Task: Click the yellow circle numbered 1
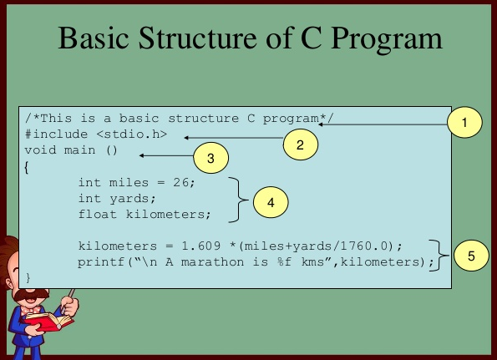tap(464, 122)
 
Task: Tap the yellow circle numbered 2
tap(300, 145)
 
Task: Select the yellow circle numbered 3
tap(210, 158)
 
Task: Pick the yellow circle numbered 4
tap(271, 202)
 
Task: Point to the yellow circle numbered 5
tap(471, 256)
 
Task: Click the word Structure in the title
tap(199, 38)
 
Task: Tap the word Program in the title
tap(386, 39)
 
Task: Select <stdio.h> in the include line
tap(131, 134)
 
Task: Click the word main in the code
tap(79, 150)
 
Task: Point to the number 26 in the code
tap(180, 183)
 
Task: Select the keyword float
tap(98, 214)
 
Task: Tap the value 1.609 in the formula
tap(201, 246)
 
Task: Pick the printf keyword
tap(101, 262)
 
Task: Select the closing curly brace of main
tap(28, 277)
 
